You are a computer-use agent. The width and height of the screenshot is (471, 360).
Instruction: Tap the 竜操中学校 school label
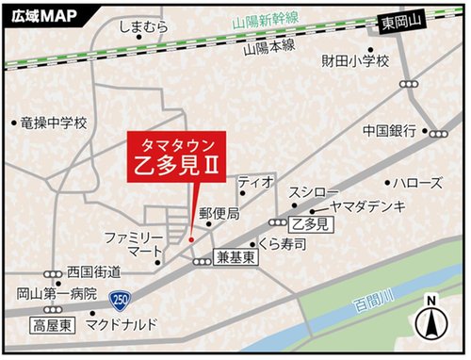click(53, 123)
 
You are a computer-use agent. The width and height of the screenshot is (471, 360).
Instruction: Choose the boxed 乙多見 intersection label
click(310, 224)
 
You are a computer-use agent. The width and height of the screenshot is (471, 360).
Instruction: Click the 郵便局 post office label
click(219, 214)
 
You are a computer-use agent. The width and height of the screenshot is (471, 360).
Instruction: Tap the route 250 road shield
click(120, 300)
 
